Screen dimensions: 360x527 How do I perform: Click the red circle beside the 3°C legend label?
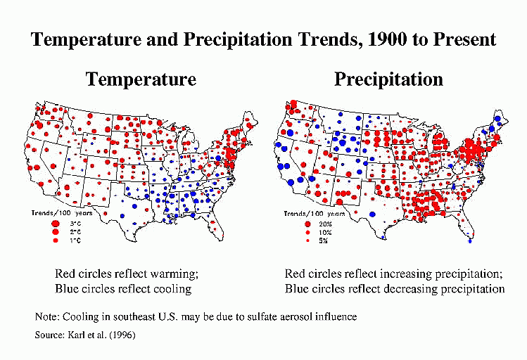(54, 223)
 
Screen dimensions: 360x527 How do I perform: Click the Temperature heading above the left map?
(141, 79)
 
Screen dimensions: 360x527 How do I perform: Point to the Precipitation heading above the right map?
(388, 79)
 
